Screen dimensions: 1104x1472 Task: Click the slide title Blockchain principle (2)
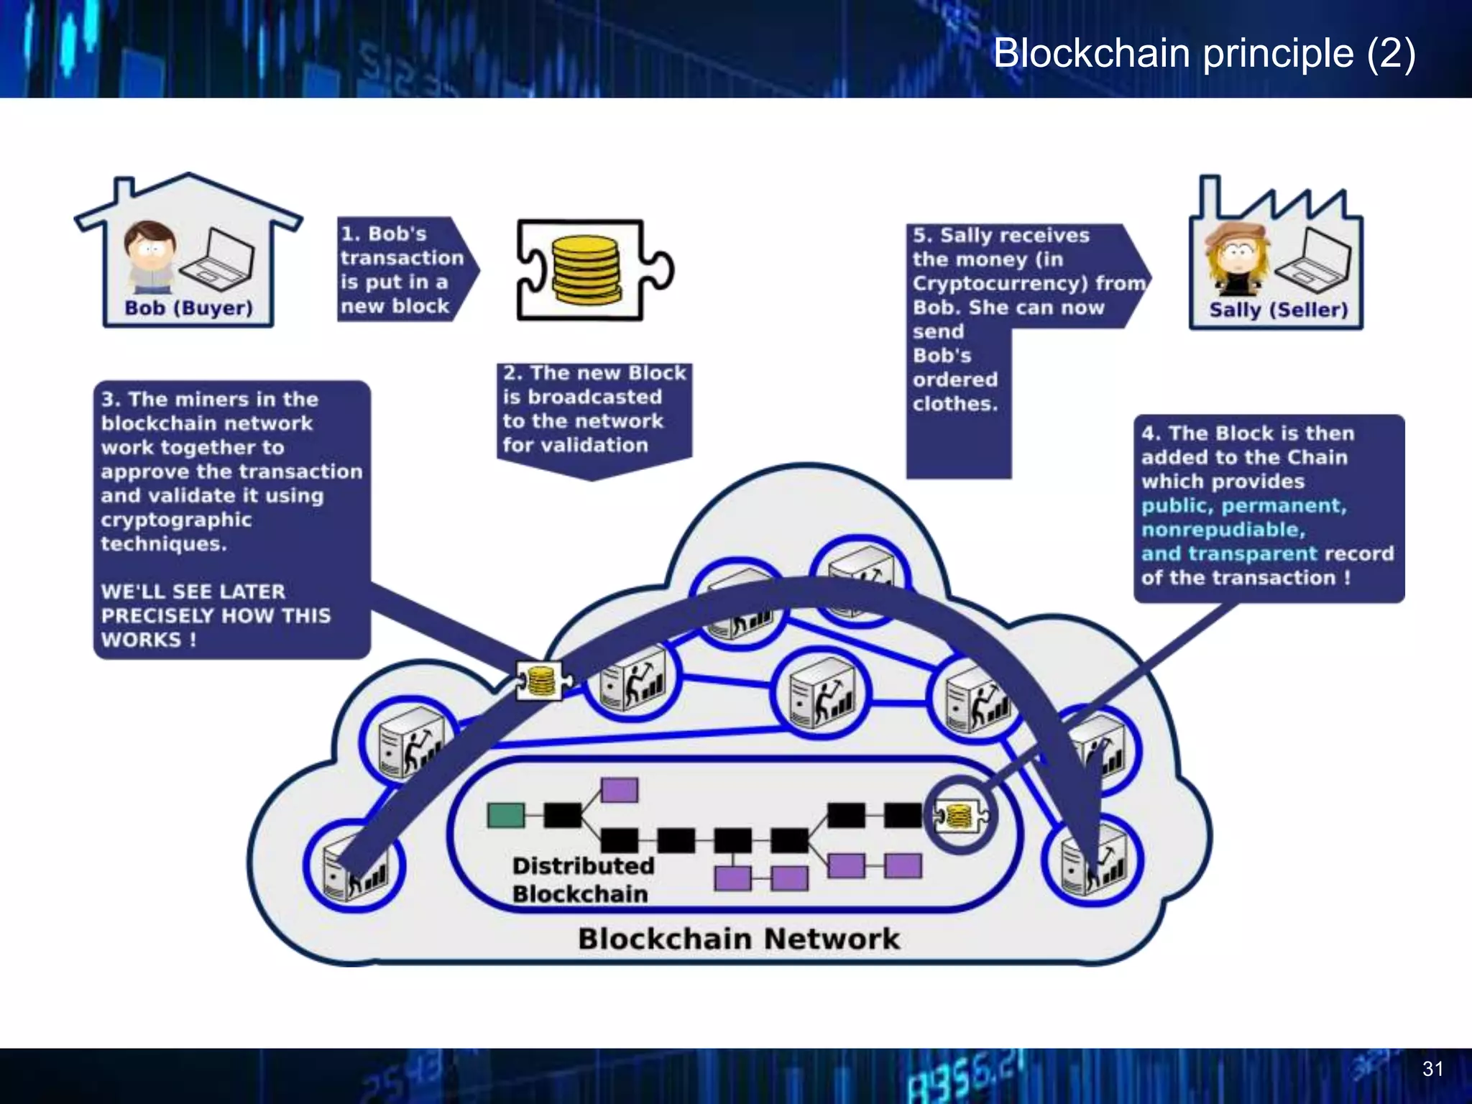1204,53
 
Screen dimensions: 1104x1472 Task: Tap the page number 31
1432,1069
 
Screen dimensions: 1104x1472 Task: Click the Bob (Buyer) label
188,308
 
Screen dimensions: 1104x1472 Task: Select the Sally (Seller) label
1278,310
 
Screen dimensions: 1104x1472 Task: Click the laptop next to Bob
218,257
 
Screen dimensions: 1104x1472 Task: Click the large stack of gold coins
586,269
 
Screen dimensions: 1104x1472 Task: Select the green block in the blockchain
505,815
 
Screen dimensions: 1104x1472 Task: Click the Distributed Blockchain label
582,880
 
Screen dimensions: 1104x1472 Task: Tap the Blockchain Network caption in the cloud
738,939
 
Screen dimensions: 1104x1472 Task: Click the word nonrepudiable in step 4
1222,530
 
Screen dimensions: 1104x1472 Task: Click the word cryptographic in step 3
176,520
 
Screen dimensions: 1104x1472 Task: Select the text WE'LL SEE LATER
193,592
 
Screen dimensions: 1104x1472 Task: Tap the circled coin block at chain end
960,816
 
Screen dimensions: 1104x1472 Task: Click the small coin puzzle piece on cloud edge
542,680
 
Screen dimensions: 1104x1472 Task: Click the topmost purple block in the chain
619,789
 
